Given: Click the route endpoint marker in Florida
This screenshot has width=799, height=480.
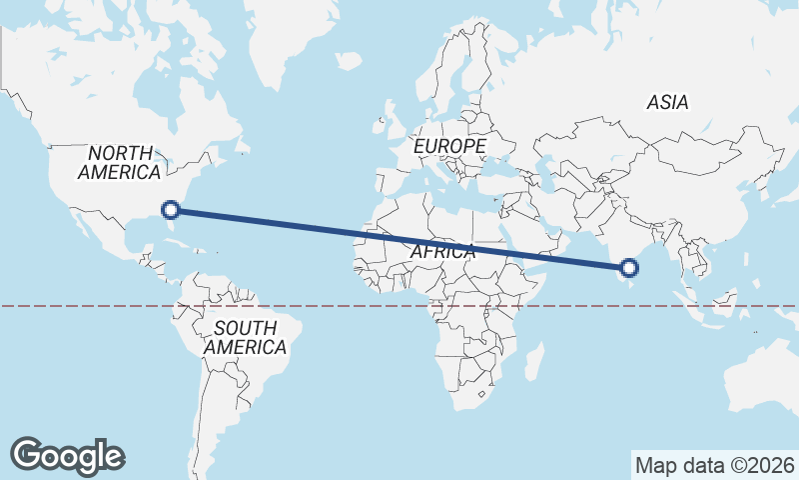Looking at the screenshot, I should [x=171, y=209].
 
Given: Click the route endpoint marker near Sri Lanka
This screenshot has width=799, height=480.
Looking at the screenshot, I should [x=628, y=267].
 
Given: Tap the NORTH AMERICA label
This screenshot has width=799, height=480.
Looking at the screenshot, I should [x=119, y=163].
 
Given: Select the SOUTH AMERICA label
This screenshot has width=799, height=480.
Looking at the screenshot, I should [x=245, y=338].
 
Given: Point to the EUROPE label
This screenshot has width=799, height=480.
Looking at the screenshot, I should [x=449, y=147].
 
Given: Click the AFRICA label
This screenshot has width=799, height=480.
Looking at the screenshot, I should [x=442, y=252].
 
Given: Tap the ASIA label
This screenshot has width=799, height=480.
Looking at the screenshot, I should [x=667, y=102].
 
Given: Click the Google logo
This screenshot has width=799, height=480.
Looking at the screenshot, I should [x=67, y=455].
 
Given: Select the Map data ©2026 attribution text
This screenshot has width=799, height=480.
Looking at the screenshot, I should [x=714, y=465].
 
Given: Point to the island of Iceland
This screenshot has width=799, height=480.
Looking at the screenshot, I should [x=348, y=61].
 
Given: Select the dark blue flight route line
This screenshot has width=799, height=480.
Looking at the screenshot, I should [x=399, y=238].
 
